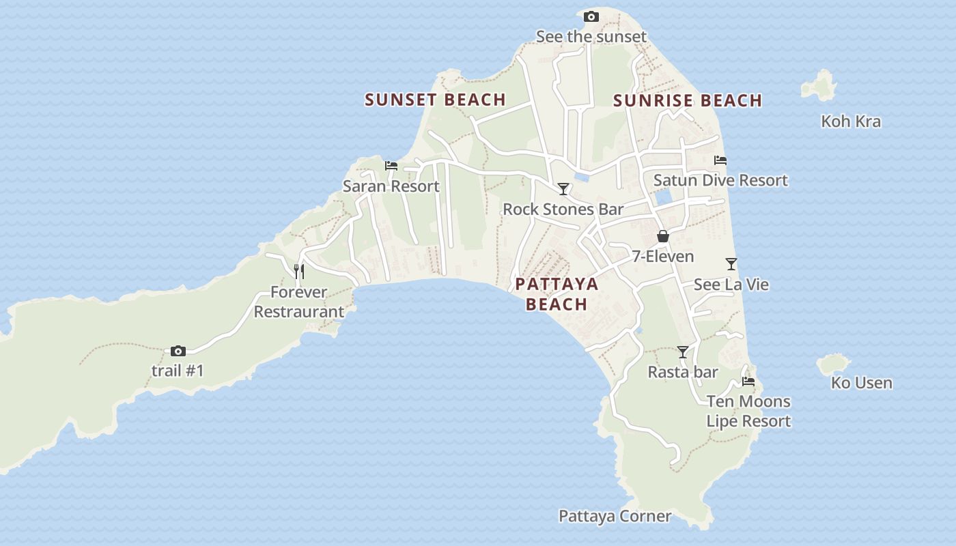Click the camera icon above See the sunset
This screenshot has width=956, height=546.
591,17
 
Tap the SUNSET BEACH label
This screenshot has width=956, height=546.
435,100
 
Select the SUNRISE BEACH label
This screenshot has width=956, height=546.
687,100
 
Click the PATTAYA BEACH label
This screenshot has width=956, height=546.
557,294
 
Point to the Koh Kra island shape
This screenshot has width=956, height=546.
820,85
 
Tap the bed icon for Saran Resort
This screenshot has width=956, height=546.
391,166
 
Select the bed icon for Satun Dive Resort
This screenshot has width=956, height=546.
720,160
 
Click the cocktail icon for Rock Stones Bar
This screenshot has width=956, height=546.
563,189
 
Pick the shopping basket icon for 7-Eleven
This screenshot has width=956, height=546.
662,236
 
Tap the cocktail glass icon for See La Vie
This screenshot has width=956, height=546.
731,264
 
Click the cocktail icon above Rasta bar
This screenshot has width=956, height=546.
683,352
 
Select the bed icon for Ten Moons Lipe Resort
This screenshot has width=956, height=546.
748,382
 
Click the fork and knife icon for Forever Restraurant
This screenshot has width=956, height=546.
298,272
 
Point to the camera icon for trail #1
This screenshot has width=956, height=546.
178,351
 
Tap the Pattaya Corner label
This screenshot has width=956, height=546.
615,516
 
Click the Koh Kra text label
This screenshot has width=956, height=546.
851,121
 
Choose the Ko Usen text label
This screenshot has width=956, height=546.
861,383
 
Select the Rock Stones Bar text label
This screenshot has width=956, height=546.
563,209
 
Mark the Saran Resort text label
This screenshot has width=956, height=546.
391,186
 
